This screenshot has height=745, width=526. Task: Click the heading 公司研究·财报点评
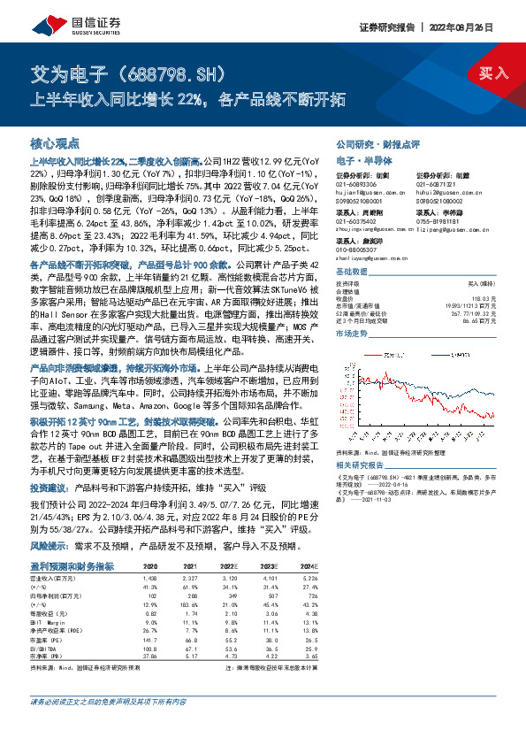(370, 142)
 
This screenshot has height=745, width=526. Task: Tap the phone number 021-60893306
(359, 184)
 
